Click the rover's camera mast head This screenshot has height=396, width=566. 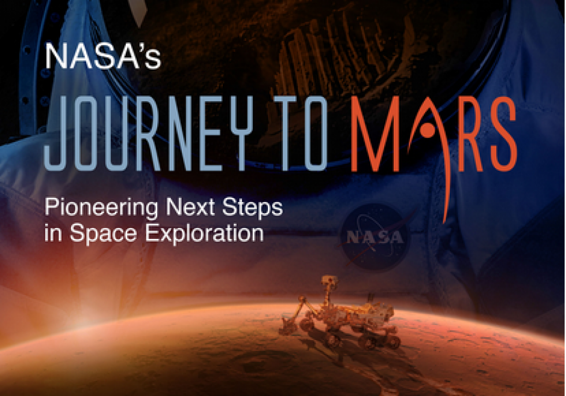[329, 282]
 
